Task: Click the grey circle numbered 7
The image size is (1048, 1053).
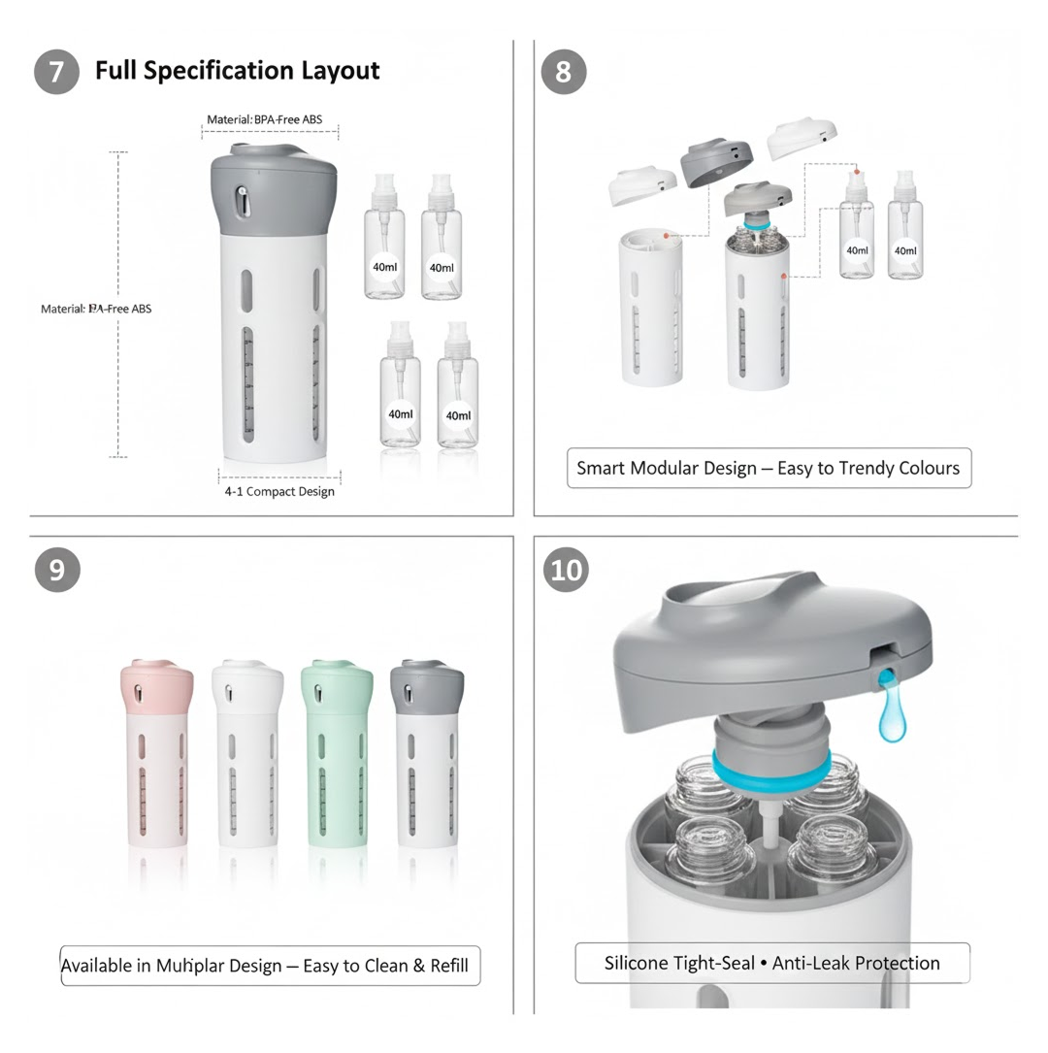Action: [x=56, y=72]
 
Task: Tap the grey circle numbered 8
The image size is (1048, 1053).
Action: [x=564, y=72]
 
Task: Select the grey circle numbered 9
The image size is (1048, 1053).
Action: [x=56, y=570]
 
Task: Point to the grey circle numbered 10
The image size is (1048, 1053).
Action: [x=567, y=570]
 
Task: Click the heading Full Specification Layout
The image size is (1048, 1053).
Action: [x=237, y=71]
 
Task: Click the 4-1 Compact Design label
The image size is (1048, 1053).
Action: [x=279, y=491]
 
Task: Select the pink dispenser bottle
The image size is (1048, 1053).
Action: [x=155, y=752]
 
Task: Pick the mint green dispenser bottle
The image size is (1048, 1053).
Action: [x=336, y=752]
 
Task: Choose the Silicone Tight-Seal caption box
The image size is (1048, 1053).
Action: [x=771, y=963]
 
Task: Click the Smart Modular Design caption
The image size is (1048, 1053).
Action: [x=768, y=468]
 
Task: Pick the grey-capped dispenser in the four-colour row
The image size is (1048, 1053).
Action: [x=426, y=752]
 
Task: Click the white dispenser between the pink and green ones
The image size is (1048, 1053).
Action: [x=246, y=752]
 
